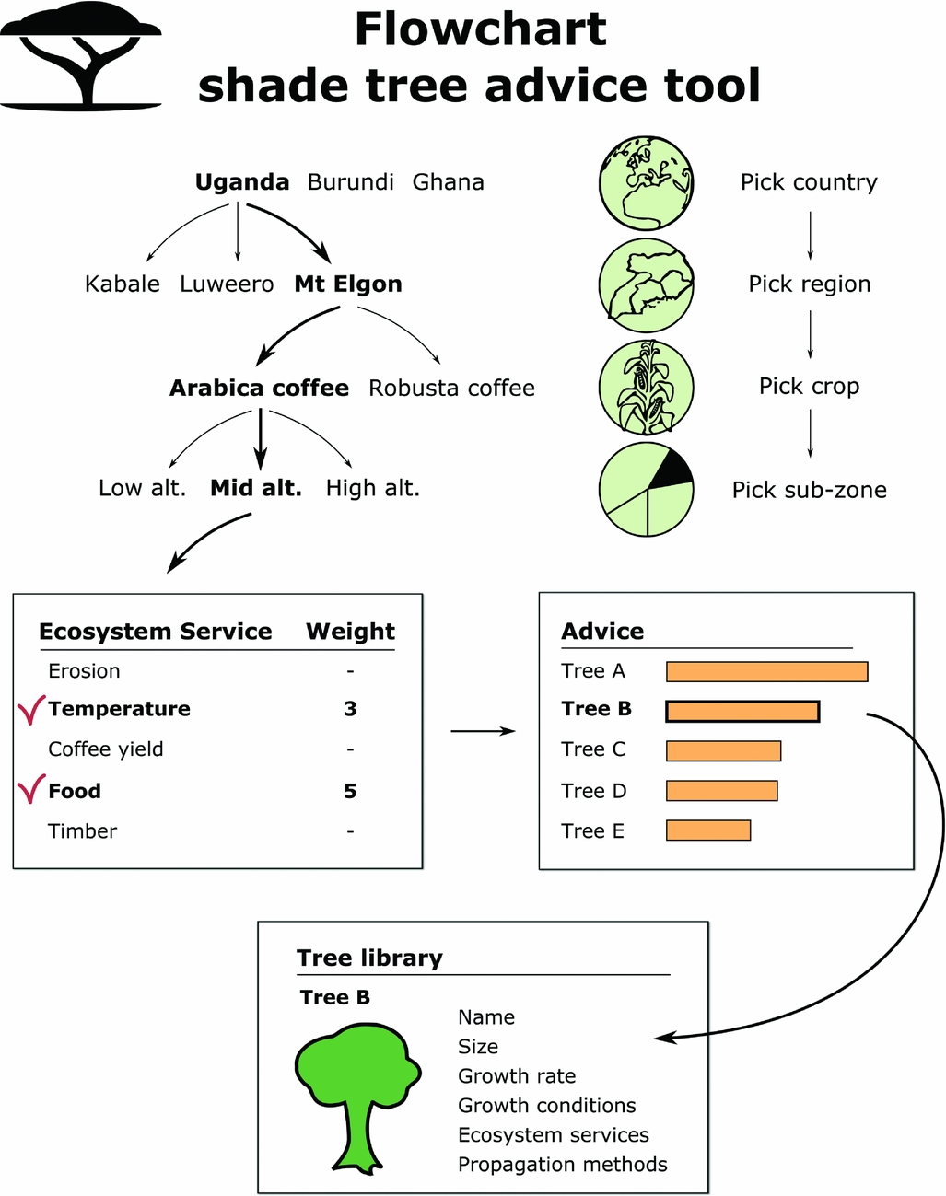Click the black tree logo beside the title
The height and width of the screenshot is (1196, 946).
pyautogui.click(x=81, y=55)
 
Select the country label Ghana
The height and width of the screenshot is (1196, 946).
pyautogui.click(x=448, y=182)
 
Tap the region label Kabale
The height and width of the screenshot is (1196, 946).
pyautogui.click(x=123, y=284)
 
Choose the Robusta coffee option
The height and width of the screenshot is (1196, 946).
pyautogui.click(x=451, y=389)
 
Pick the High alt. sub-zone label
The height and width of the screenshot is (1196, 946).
pyautogui.click(x=372, y=488)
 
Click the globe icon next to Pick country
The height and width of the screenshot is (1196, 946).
pyautogui.click(x=646, y=183)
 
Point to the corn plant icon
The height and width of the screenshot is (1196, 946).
pyautogui.click(x=646, y=388)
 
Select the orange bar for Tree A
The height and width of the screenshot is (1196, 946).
pyautogui.click(x=766, y=671)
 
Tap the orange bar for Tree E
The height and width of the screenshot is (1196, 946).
pyautogui.click(x=707, y=830)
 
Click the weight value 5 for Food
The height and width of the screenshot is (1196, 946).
pyautogui.click(x=350, y=791)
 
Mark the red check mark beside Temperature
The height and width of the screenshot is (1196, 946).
pyautogui.click(x=30, y=709)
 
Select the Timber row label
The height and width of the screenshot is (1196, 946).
pyautogui.click(x=83, y=831)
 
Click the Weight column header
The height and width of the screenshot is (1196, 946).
pyautogui.click(x=350, y=632)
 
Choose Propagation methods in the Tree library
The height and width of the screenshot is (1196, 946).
pyautogui.click(x=562, y=1165)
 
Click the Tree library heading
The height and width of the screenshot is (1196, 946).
pyautogui.click(x=369, y=958)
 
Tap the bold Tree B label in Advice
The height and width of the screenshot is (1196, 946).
pyautogui.click(x=596, y=709)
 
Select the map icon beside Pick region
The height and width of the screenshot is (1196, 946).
pyautogui.click(x=646, y=284)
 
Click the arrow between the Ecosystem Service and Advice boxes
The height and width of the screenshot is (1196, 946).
pyautogui.click(x=483, y=731)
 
